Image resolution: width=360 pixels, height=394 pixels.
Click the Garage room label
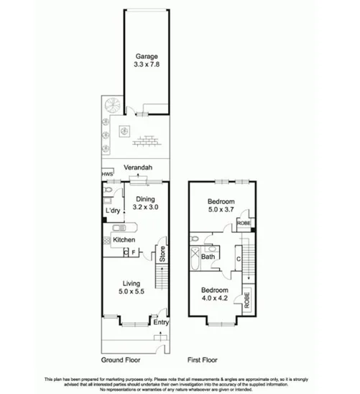[147, 56]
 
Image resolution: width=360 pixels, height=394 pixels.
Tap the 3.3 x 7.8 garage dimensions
[147, 65]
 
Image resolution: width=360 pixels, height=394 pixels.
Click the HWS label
[107, 174]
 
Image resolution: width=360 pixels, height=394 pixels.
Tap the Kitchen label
[124, 238]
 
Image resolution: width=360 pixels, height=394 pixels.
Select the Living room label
[131, 283]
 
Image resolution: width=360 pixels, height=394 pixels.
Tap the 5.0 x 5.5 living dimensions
[131, 292]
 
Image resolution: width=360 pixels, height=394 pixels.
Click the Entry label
[161, 323]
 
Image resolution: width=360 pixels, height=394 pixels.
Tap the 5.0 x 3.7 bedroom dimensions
[221, 211]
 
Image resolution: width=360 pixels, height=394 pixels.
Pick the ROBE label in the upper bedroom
[244, 224]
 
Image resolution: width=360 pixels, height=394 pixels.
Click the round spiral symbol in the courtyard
[114, 106]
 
